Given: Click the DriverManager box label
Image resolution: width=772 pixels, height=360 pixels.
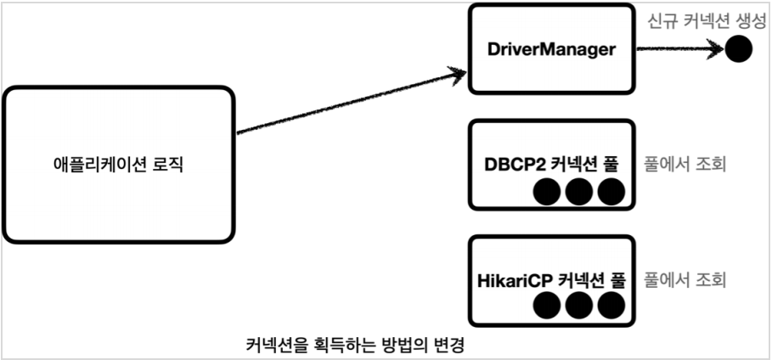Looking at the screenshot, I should [x=552, y=51].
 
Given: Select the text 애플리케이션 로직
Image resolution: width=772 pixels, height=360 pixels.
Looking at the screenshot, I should [x=117, y=165].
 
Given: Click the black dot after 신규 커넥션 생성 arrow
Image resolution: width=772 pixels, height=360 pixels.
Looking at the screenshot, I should [x=739, y=50].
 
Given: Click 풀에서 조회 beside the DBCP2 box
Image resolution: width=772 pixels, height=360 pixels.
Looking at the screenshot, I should [x=685, y=164].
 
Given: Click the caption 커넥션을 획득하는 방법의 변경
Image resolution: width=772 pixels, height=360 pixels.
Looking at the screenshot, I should [x=356, y=345].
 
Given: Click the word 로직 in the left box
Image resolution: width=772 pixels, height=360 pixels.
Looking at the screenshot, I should [x=168, y=165].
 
